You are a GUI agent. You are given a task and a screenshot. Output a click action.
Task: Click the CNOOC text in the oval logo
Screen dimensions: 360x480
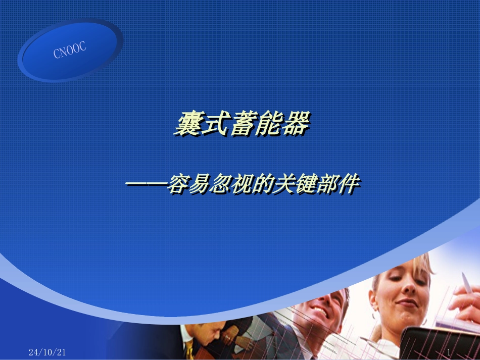[70, 50]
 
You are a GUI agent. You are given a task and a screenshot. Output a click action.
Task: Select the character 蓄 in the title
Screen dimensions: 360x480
[241, 124]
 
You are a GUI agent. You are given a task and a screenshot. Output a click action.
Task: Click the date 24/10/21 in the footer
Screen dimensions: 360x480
[47, 352]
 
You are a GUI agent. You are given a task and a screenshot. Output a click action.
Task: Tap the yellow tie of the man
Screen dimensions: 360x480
[189, 348]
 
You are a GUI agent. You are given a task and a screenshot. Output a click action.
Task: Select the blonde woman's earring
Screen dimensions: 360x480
[423, 321]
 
